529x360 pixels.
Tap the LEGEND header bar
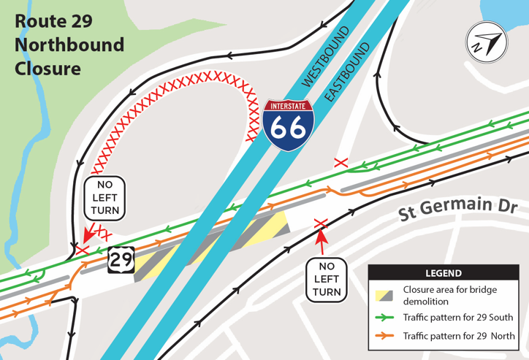click(443, 273)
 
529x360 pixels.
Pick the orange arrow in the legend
click(387, 336)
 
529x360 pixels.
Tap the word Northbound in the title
click(69, 45)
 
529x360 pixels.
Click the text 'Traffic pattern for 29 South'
click(458, 318)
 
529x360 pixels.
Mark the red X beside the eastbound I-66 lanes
click(339, 162)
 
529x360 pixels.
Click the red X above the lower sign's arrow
click(319, 223)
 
